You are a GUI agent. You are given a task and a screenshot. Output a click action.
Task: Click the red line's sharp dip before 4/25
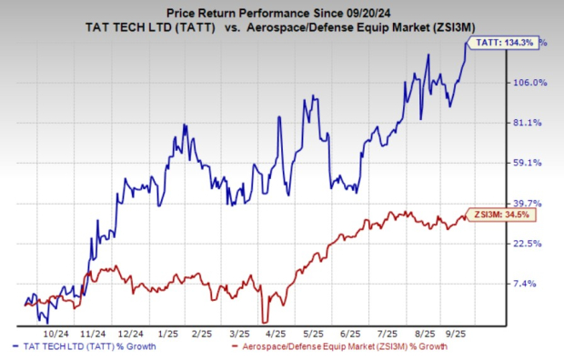point(264,320)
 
